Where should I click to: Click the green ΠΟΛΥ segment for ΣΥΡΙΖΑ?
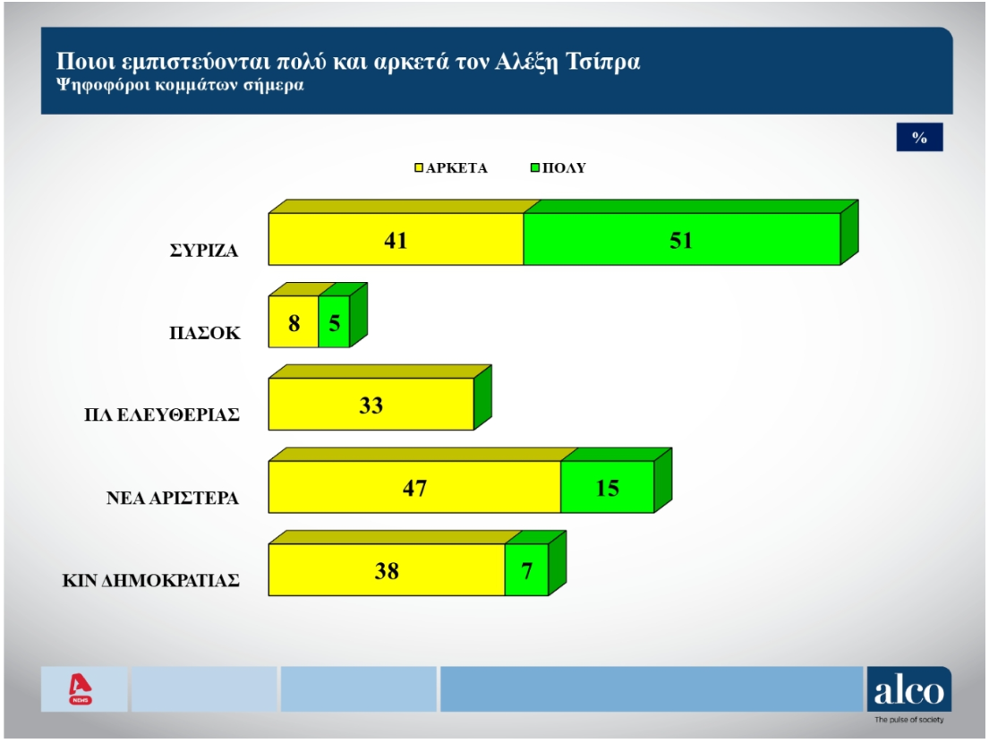(681, 240)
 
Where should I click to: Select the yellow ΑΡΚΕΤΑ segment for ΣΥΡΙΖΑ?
(396, 240)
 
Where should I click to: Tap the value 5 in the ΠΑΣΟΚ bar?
(334, 321)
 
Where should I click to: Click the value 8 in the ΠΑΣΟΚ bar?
(294, 321)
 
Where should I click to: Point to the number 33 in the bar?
(371, 405)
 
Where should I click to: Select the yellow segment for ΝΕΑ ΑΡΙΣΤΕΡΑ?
(414, 488)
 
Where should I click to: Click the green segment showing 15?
(607, 488)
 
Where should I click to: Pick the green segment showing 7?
(526, 570)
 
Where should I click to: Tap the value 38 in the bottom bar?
(387, 570)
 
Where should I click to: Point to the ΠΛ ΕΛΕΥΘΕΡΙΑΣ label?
(158, 415)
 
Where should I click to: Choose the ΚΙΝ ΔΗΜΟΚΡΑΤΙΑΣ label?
(150, 580)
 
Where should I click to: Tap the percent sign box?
(919, 137)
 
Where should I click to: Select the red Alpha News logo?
(81, 689)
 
